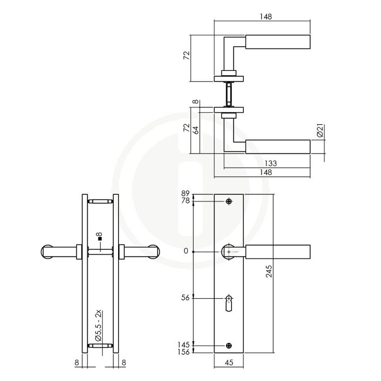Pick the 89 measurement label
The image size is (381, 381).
point(186,194)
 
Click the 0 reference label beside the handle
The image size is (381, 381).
point(187,251)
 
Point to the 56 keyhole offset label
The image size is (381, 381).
point(186,298)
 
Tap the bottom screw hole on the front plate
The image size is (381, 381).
point(229,345)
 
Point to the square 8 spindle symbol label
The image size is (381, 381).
point(98,237)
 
